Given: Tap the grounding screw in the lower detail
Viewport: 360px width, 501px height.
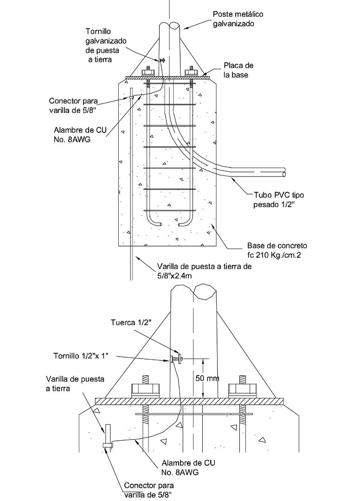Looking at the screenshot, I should click(175, 359).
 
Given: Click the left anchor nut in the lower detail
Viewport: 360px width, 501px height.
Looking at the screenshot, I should click(146, 389).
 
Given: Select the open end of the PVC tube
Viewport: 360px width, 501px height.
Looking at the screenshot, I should click(283, 174).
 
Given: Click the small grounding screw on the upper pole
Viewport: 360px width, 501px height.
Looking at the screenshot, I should click(162, 60).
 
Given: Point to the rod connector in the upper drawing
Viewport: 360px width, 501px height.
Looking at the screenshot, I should click(131, 97).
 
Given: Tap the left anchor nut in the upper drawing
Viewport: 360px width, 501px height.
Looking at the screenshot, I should click(148, 72).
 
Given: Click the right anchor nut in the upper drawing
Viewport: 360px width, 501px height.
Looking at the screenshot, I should click(191, 72).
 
